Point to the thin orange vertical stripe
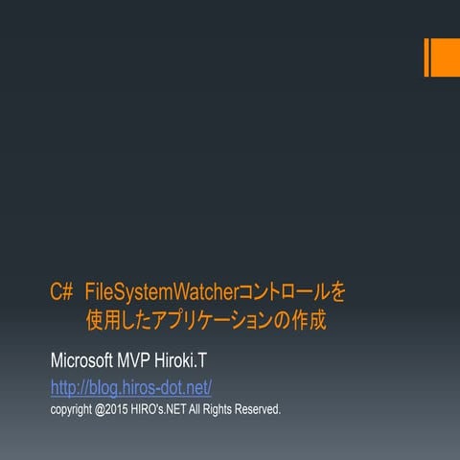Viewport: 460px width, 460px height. coord(426,57)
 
